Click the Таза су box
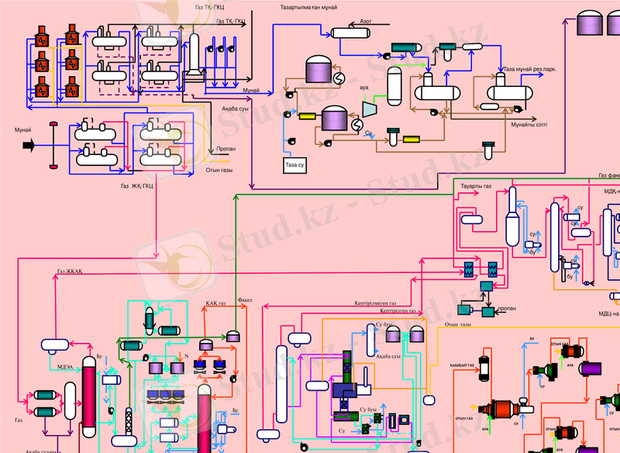coord(295,165)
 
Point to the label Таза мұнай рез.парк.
coord(530,70)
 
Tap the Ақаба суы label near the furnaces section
coord(235,109)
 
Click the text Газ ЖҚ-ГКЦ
coord(136,186)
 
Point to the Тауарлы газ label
coord(476,187)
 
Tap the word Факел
coord(245,299)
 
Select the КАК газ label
coord(216,303)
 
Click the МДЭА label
coord(66,366)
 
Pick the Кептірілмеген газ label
coord(375,303)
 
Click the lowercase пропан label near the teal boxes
coord(507,308)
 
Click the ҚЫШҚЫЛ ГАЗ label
coord(462,365)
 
